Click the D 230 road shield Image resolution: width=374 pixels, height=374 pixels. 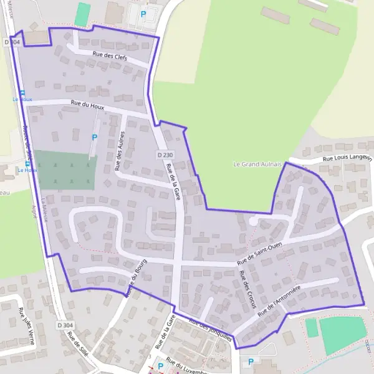pyautogui.click(x=165, y=154)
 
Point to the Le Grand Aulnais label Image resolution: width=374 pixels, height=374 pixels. pyautogui.click(x=257, y=164)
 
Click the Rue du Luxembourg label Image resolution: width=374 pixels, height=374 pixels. pyautogui.click(x=191, y=367)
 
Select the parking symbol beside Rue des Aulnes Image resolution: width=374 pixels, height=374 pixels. pyautogui.click(x=95, y=136)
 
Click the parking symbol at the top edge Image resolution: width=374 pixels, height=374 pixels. pyautogui.click(x=144, y=14)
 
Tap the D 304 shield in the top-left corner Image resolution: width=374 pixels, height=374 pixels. pyautogui.click(x=11, y=42)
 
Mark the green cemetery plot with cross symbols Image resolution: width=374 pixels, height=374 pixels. pyautogui.click(x=65, y=170)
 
